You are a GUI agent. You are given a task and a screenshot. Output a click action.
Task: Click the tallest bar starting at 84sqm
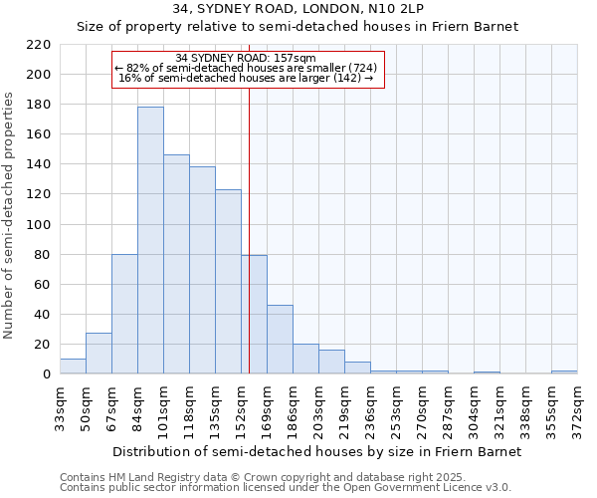pos(150,240)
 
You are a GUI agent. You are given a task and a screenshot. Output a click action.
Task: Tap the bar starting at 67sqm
pos(124,314)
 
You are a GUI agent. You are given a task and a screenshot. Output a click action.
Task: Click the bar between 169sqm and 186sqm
pos(280,340)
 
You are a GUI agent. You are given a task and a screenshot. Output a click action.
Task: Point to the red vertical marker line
pos(249,229)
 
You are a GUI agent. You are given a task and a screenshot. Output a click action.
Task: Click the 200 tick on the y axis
pos(40,75)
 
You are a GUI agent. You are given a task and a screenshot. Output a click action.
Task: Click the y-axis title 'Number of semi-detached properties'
pos(10,215)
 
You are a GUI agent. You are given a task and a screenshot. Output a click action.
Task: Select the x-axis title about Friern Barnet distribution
pos(316,451)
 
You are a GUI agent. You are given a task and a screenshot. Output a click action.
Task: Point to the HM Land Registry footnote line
pos(255,477)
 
